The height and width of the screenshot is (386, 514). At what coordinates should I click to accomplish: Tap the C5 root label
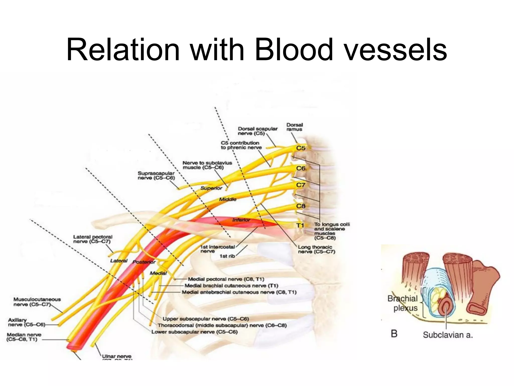coord(301,148)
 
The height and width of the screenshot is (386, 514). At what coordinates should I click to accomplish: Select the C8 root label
coord(301,206)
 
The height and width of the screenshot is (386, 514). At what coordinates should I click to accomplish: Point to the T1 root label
coord(300,225)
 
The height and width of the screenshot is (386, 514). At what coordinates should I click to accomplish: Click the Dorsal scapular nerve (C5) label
coord(258,131)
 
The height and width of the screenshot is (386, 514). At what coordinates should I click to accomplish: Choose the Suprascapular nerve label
coord(156,176)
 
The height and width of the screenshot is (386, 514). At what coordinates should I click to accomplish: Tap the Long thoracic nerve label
coord(316,250)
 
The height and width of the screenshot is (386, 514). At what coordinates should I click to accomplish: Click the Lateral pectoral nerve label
coord(93,239)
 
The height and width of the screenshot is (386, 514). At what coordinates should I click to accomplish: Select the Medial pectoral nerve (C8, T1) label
coord(226,279)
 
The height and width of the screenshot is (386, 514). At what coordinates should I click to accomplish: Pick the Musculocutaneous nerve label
coord(37,302)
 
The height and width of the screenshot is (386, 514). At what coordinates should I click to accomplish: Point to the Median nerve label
coord(24,337)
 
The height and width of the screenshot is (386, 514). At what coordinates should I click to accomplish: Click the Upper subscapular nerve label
coord(206,319)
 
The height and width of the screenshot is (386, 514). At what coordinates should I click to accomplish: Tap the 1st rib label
coord(227,256)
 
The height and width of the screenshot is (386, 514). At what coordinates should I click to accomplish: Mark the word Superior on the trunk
coord(211,188)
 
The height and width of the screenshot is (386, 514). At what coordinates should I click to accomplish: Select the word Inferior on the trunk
coord(241,220)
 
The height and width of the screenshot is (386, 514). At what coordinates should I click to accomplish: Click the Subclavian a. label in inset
coord(448,335)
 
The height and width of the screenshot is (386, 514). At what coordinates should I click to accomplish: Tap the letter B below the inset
coord(394,334)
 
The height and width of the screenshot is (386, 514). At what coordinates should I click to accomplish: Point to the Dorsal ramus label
coord(295,127)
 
